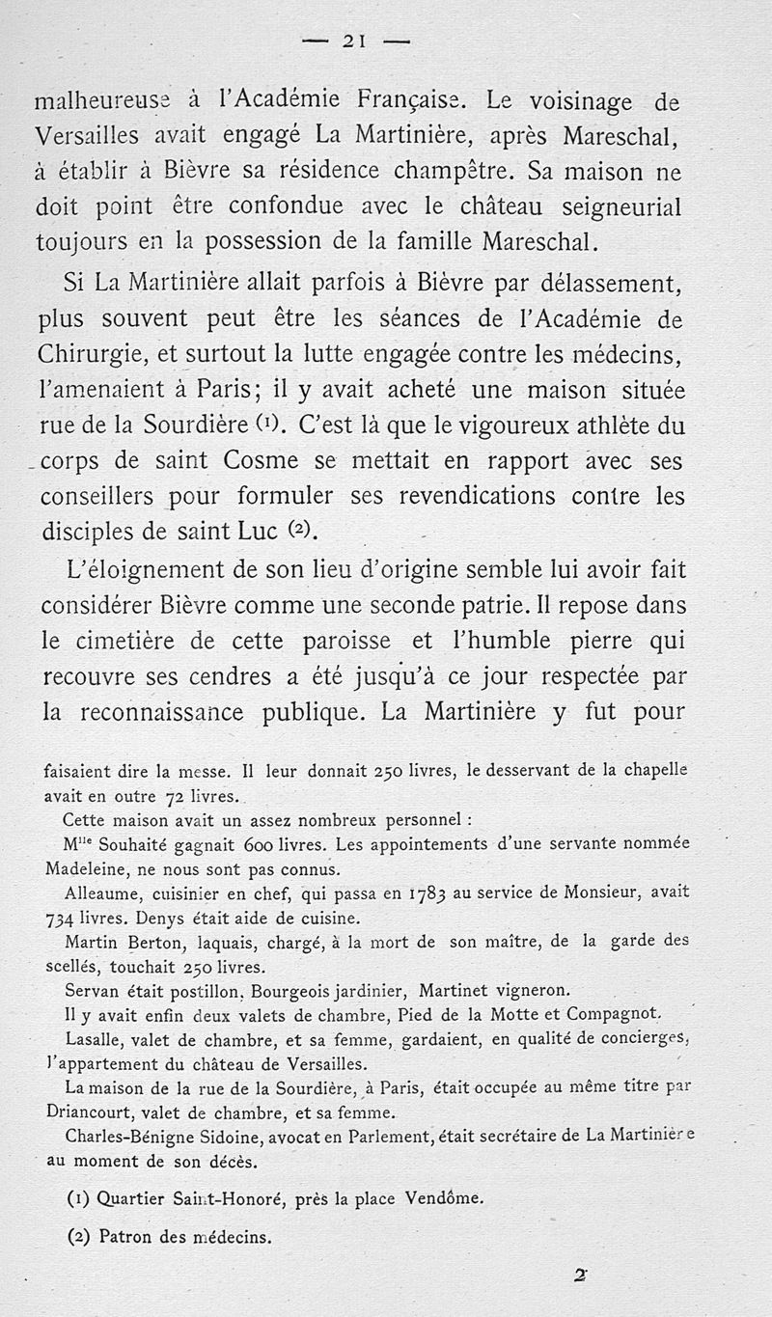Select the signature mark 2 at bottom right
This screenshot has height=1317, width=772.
[580, 1275]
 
